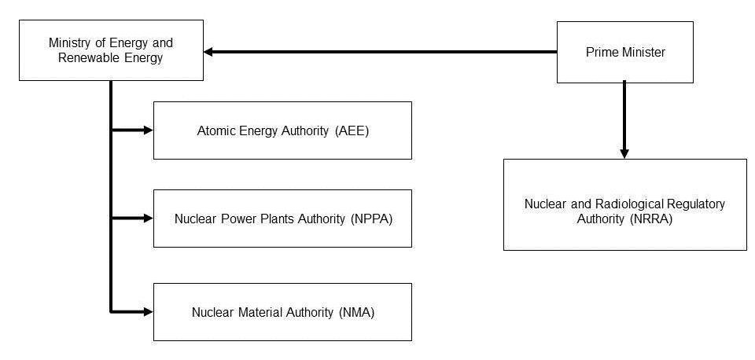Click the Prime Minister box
pyautogui.click(x=625, y=52)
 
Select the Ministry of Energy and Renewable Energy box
pyautogui.click(x=111, y=50)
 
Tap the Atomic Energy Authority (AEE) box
pyautogui.click(x=282, y=130)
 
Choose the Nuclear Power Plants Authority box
pyautogui.click(x=282, y=219)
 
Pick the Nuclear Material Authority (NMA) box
pyautogui.click(x=282, y=312)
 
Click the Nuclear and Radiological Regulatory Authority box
pyautogui.click(x=625, y=204)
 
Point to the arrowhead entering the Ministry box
pyautogui.click(x=209, y=52)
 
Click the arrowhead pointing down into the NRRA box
pyautogui.click(x=624, y=153)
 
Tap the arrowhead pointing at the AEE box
pyautogui.click(x=148, y=130)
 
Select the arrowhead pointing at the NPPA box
pyautogui.click(x=148, y=218)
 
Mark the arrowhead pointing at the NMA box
pyautogui.click(x=148, y=312)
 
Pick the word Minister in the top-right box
pyautogui.click(x=645, y=53)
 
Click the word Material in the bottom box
pyautogui.click(x=260, y=312)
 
